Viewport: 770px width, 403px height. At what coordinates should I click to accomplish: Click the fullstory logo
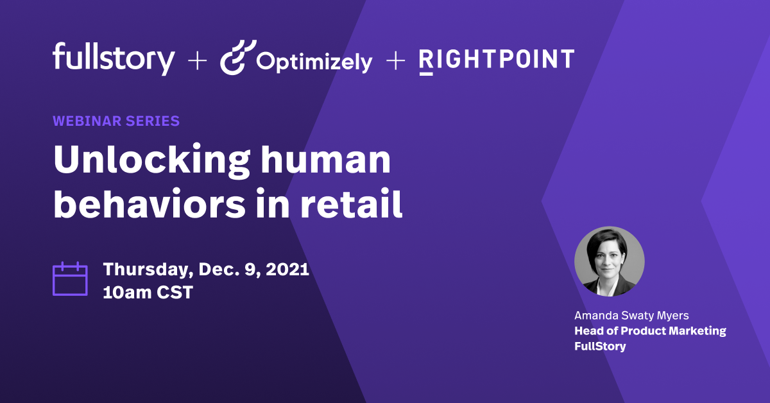coord(114,58)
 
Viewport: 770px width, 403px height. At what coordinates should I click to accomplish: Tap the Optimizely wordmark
coord(314,62)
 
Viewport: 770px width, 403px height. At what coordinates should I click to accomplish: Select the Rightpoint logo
coord(496,60)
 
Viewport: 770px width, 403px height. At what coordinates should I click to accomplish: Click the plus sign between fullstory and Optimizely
coord(197,61)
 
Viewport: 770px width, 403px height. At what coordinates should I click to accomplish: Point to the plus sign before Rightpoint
coord(396,61)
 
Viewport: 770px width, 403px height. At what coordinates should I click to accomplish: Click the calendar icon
coord(69,279)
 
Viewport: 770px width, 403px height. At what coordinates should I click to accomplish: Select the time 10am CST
coord(148,293)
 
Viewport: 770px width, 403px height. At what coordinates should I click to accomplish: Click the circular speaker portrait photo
coord(609,261)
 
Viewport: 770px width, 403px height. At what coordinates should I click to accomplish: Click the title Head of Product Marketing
coord(650,331)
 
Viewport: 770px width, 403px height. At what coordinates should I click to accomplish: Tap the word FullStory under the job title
coord(600,347)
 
